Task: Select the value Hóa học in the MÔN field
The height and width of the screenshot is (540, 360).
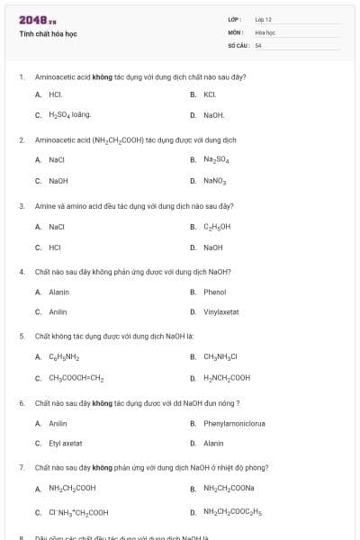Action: click(x=265, y=31)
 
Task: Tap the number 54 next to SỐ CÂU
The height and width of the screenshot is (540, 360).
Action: click(x=258, y=44)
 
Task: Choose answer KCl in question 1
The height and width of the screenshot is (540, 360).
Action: click(x=210, y=94)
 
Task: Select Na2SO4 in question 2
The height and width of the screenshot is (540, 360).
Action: click(x=216, y=159)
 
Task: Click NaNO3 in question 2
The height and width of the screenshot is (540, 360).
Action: click(x=215, y=180)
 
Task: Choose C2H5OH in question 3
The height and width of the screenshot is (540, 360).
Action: click(x=217, y=227)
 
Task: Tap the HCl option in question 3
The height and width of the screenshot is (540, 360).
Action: click(x=55, y=247)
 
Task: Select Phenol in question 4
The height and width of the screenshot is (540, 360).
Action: click(x=214, y=292)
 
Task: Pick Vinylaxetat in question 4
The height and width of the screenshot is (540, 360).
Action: click(x=220, y=311)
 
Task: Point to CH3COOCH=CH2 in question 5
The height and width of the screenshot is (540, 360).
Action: click(x=76, y=378)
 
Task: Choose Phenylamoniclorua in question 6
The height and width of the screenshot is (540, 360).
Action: click(x=234, y=423)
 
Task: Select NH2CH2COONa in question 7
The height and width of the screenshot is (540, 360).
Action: click(x=229, y=488)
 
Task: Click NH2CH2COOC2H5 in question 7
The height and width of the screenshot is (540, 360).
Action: click(x=232, y=512)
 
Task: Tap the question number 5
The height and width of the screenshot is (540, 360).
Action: click(x=22, y=336)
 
